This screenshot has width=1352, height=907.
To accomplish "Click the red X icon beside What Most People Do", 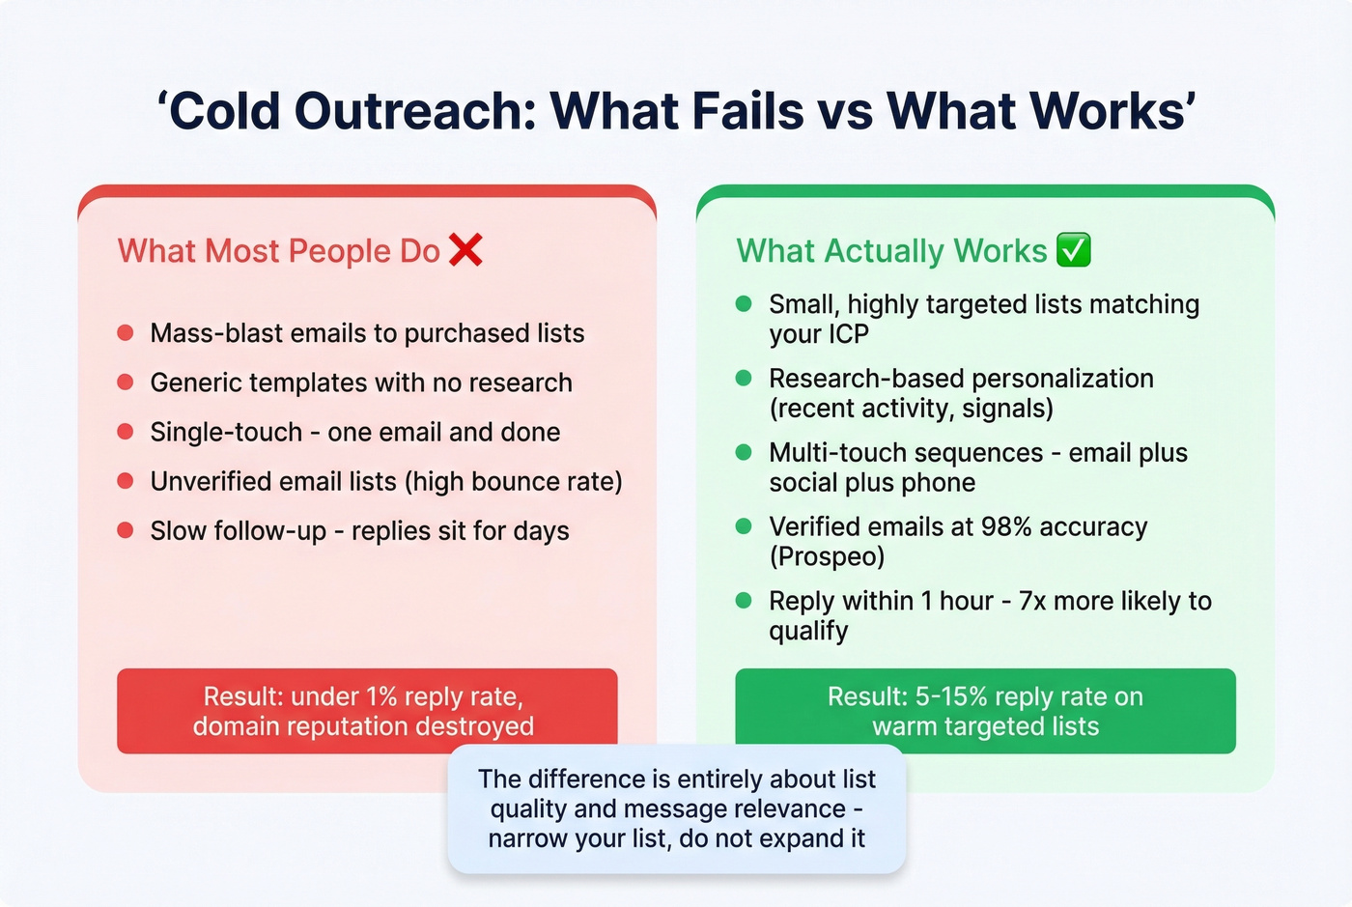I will (465, 249).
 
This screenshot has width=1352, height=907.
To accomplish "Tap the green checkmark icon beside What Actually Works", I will (1074, 249).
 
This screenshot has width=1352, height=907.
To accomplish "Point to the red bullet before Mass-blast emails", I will (126, 333).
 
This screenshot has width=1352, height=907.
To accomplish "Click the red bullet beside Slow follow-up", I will (126, 530).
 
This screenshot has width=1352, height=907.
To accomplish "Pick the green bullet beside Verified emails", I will (744, 526).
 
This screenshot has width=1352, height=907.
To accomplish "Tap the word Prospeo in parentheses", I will (828, 557).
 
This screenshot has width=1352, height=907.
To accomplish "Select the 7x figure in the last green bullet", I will (1032, 601).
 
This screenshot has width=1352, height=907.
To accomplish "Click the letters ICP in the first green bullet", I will (845, 334).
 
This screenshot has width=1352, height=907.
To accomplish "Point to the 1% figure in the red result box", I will (381, 696).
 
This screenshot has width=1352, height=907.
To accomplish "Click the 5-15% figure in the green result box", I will (950, 696).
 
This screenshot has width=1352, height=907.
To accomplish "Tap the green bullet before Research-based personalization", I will (744, 378).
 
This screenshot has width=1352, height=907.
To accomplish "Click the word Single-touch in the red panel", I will (226, 432).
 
